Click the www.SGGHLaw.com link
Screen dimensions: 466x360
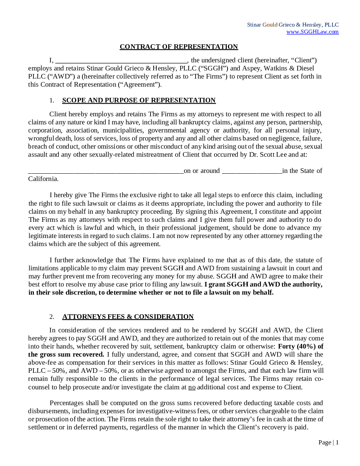point(312,32)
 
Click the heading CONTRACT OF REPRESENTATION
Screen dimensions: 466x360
point(179,47)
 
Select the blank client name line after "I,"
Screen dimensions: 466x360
point(121,60)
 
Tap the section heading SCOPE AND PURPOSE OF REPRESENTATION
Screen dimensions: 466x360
point(139,101)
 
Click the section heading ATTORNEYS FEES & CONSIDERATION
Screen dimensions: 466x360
point(128,317)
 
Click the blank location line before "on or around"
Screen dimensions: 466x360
point(106,171)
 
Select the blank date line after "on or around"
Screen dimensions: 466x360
point(252,171)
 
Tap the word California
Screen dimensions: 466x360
point(43,179)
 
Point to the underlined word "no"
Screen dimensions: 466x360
point(192,387)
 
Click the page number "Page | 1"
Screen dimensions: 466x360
point(328,443)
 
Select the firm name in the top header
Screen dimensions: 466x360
point(293,25)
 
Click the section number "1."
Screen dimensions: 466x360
point(52,101)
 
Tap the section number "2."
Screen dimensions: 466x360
point(52,317)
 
